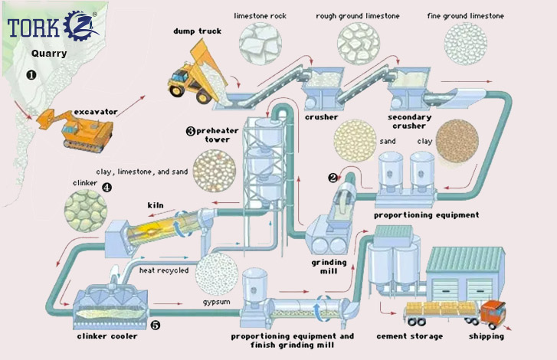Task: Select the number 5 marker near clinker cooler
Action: [x=156, y=325]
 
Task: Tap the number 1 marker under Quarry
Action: [x=31, y=75]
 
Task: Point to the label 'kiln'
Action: [x=157, y=205]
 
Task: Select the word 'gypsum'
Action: [x=218, y=304]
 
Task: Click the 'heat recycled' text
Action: [x=163, y=270]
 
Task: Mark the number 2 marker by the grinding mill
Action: [x=333, y=178]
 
